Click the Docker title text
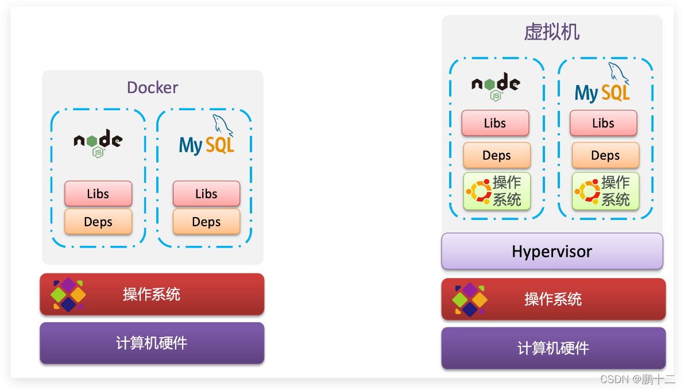pos(152,87)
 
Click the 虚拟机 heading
pos(551,32)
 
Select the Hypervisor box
pos(552,251)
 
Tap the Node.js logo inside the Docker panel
pos(98,143)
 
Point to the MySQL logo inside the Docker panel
pos(207,138)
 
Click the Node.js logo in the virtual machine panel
pos(496,86)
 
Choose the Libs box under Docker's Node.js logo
pos(98,194)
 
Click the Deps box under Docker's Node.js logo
pos(98,222)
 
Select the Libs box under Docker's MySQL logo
pos(206,194)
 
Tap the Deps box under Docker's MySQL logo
pos(206,222)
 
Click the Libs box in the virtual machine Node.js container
pos(495,123)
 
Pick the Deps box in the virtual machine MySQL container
pos(605,155)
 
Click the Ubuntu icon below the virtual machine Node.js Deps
pos(478,191)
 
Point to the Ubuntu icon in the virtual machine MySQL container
pos(586,191)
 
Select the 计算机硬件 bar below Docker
pos(152,343)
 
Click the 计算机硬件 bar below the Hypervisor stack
pos(553,347)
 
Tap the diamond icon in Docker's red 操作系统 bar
pos(68,295)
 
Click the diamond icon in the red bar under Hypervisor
pos(470,299)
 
